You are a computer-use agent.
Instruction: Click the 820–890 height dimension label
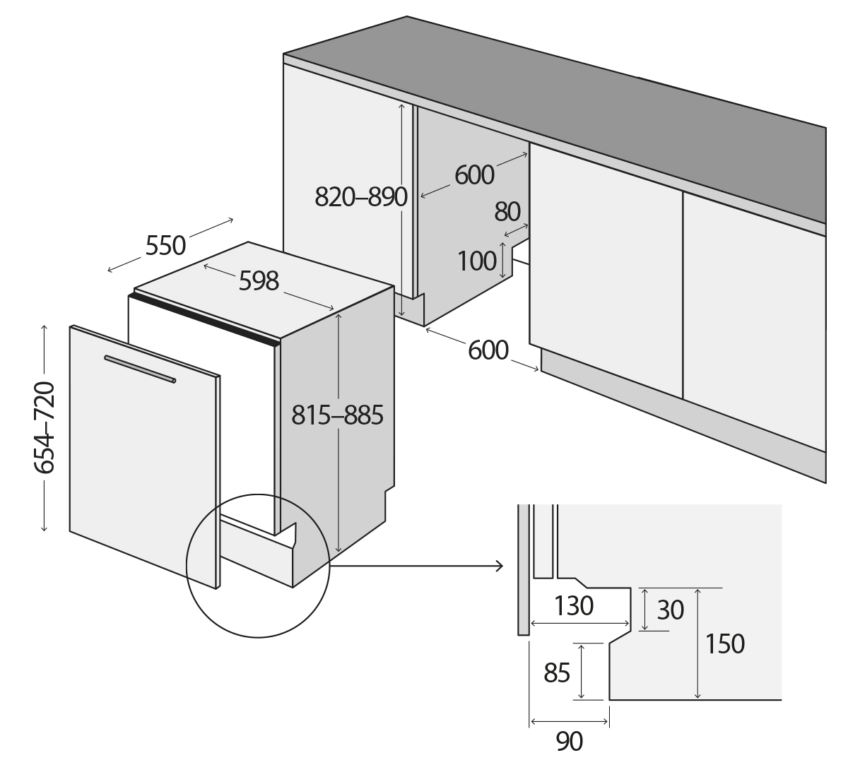(x=360, y=197)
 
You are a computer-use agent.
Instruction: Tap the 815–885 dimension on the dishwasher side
(x=337, y=415)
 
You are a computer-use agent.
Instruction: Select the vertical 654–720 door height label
(x=44, y=428)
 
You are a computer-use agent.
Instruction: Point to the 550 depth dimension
(x=165, y=246)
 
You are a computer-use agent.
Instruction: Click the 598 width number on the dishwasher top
(x=259, y=281)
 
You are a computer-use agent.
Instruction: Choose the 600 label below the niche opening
(x=488, y=350)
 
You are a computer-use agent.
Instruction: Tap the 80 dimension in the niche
(x=507, y=211)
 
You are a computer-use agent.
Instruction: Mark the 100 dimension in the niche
(x=477, y=261)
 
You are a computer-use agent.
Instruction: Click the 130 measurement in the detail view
(x=573, y=605)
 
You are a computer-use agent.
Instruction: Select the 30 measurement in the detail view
(x=671, y=610)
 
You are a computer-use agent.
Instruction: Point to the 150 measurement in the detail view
(x=724, y=643)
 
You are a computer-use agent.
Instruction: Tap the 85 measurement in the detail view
(x=557, y=673)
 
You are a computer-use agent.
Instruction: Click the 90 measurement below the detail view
(x=570, y=742)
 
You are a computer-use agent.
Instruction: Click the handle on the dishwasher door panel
(x=140, y=369)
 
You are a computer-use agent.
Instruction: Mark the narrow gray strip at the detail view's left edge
(x=522, y=569)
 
